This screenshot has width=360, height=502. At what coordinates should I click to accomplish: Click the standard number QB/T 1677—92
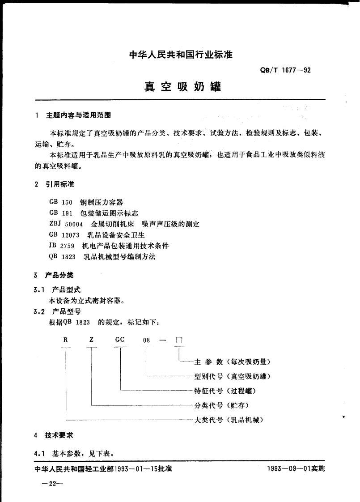281,70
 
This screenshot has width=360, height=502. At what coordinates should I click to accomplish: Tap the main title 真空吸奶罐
182,86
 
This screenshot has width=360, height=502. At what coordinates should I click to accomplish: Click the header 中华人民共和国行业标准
181,55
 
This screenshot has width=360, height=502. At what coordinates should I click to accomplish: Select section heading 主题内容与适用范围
78,115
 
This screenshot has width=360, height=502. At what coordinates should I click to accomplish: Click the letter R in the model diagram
65,340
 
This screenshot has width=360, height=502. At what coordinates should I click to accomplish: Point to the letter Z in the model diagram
91,340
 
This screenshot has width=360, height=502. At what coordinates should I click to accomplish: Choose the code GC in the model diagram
120,340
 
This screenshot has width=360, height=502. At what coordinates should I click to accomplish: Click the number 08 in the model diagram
146,340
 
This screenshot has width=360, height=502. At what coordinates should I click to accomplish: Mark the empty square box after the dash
179,340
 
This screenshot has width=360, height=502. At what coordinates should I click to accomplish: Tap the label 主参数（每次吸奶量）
233,362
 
